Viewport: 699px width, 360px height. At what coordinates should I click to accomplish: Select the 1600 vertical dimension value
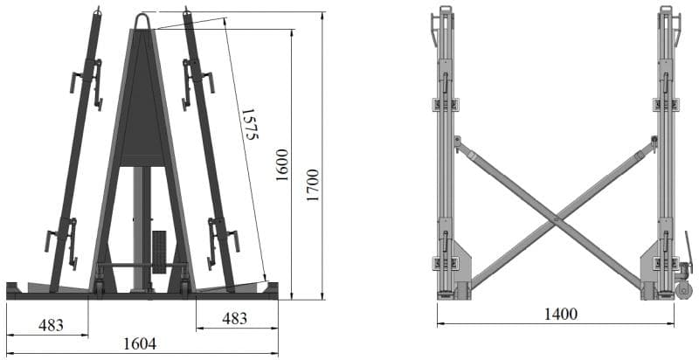[281, 164]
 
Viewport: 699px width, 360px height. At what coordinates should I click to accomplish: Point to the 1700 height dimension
[312, 185]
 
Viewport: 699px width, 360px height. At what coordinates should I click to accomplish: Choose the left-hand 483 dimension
[51, 323]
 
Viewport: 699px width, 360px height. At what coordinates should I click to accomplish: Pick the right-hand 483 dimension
[234, 319]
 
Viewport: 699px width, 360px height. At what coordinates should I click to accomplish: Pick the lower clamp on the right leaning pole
[222, 242]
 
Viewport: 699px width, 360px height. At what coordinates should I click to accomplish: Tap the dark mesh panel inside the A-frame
[142, 105]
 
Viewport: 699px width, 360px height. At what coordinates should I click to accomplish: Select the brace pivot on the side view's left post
[456, 140]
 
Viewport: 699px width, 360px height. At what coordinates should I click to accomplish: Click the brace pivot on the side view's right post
[654, 140]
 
